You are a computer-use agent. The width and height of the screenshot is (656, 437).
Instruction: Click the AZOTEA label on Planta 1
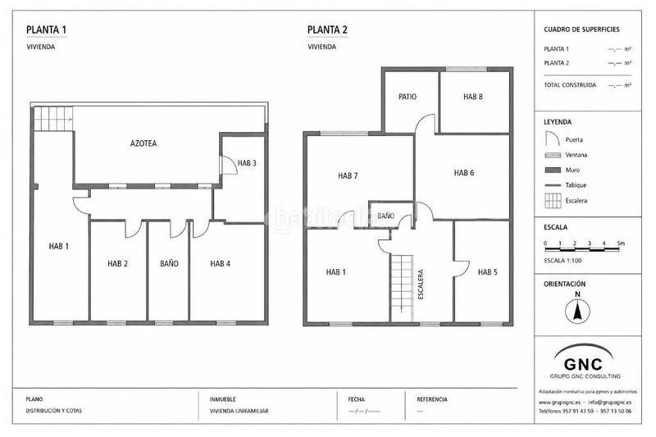coord(143,143)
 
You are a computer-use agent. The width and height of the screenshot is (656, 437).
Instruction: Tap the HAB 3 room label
coord(247,163)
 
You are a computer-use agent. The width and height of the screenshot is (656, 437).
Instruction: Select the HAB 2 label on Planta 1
coord(117,263)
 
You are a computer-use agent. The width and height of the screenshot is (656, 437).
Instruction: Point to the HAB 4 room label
coord(220,263)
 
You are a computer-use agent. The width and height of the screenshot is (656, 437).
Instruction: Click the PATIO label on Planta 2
coord(408,97)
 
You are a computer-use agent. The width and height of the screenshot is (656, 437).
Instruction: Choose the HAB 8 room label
coord(473,97)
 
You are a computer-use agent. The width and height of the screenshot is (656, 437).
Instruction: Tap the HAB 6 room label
coord(464,173)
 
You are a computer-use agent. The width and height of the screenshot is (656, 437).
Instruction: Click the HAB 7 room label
coord(348,175)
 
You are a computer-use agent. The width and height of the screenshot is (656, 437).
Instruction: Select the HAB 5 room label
coord(487,272)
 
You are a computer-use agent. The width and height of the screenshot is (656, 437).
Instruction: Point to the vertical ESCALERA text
coord(421,285)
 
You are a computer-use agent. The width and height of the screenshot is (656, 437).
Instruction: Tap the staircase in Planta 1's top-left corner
coord(53,119)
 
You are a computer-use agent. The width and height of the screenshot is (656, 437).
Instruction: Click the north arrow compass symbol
coord(577,312)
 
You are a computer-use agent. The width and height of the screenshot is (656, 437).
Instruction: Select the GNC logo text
coord(583,364)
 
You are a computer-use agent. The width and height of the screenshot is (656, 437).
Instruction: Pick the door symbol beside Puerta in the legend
coord(552,139)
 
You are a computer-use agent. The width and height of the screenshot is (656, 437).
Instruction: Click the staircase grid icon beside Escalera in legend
coord(553,201)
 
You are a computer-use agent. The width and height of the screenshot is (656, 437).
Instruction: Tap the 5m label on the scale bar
coord(621,244)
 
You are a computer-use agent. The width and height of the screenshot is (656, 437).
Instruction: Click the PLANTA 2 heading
coord(327,30)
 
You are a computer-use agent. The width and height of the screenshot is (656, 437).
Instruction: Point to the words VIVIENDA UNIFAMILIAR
coord(239,411)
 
